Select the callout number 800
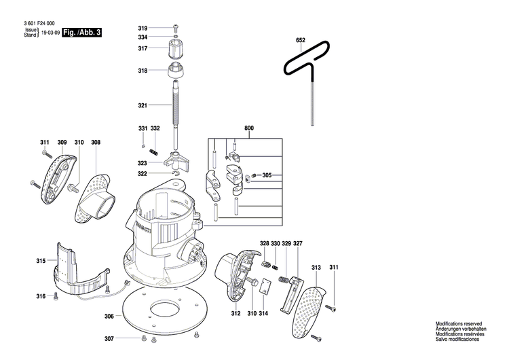(249, 128)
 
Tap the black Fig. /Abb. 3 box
(81, 32)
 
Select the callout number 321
(143, 105)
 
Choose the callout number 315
(41, 261)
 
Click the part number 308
(96, 143)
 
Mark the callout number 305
(267, 175)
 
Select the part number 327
(297, 243)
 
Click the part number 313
(316, 268)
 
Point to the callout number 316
(41, 296)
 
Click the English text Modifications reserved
(459, 325)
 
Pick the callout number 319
(143, 27)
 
